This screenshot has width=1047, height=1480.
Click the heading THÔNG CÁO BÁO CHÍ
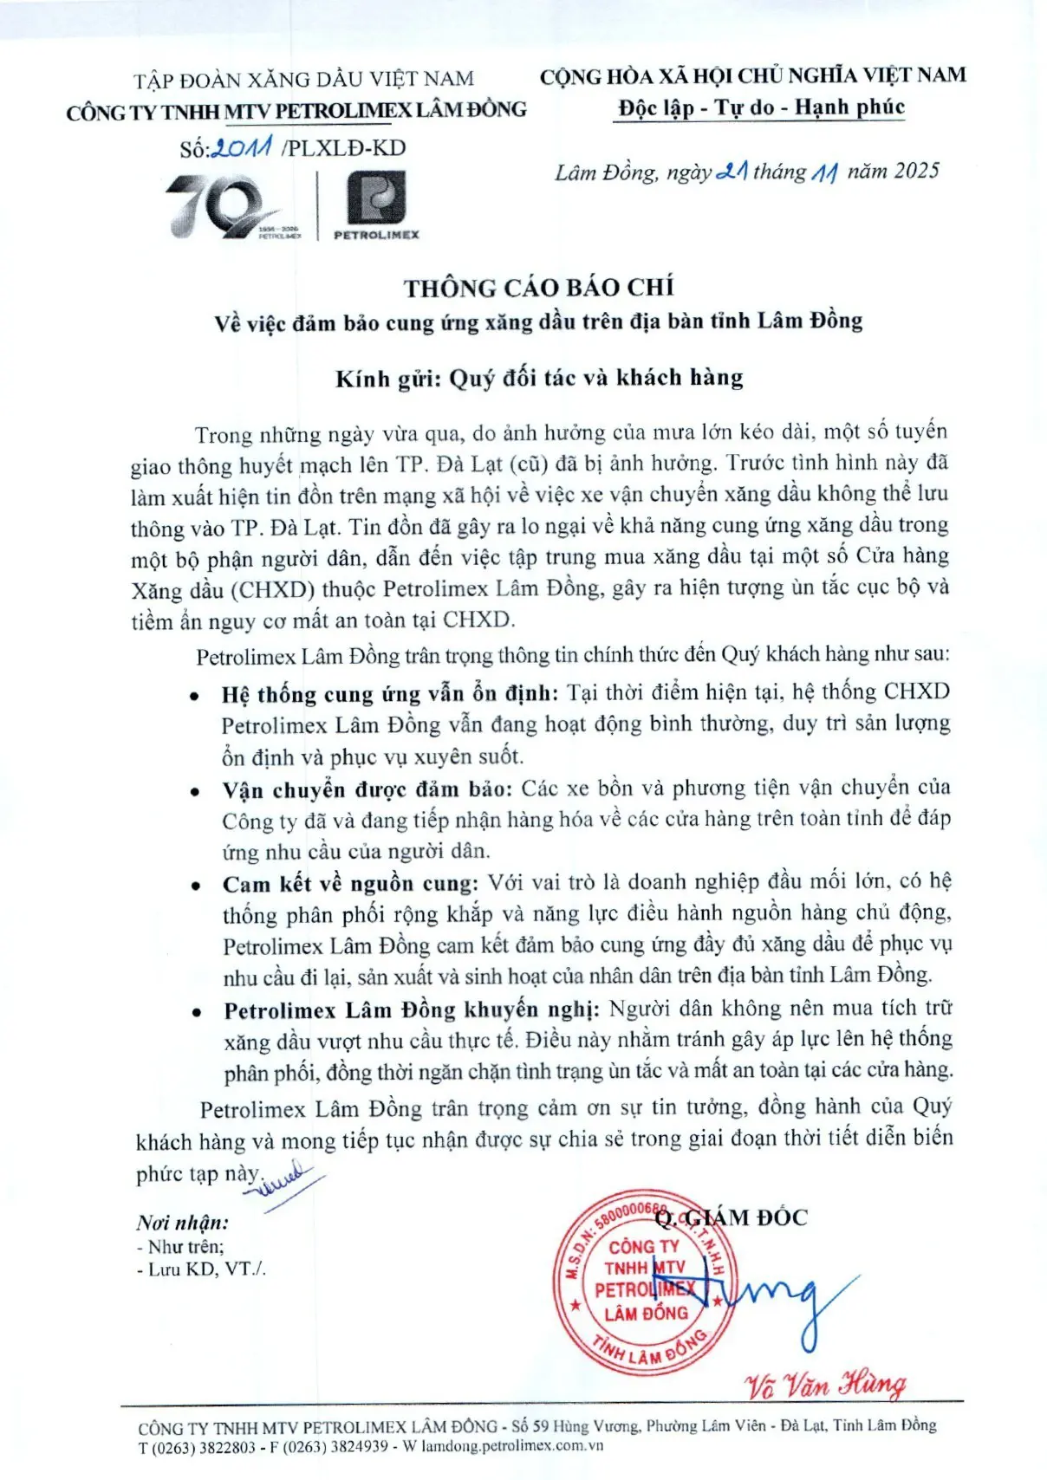point(538,288)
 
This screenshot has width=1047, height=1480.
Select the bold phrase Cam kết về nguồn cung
point(350,884)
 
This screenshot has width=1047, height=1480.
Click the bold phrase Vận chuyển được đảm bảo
point(367,789)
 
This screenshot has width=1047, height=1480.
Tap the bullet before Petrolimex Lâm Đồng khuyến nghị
point(198,1012)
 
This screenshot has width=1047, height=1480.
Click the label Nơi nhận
point(183,1223)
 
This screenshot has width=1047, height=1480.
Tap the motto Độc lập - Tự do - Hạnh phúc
point(760,107)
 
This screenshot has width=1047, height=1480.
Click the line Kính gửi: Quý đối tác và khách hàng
point(539,378)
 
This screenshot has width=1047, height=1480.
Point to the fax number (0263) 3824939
point(335,1447)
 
